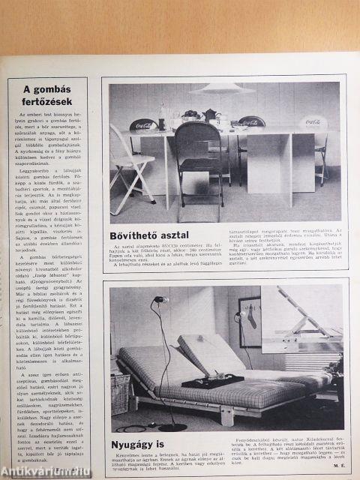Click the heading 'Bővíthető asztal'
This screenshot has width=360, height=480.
[x=149, y=235]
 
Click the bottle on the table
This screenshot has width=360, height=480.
[x=162, y=116]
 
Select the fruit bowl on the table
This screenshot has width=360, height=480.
[x=190, y=116]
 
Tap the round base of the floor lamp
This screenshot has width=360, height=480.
[x=172, y=426]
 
